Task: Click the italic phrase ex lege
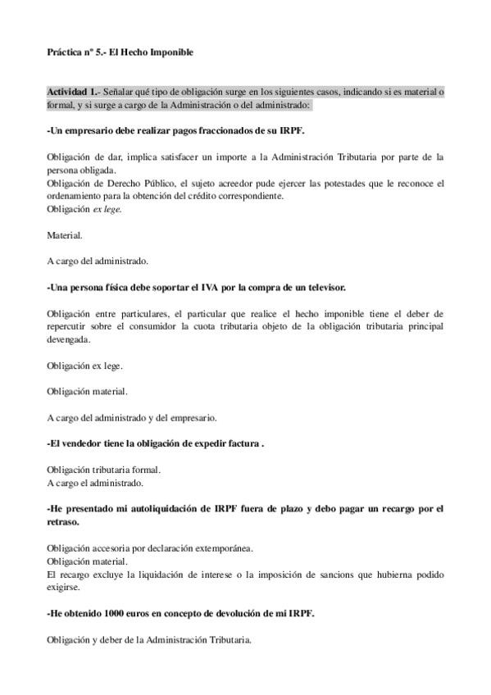(x=107, y=209)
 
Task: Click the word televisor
(x=323, y=288)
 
